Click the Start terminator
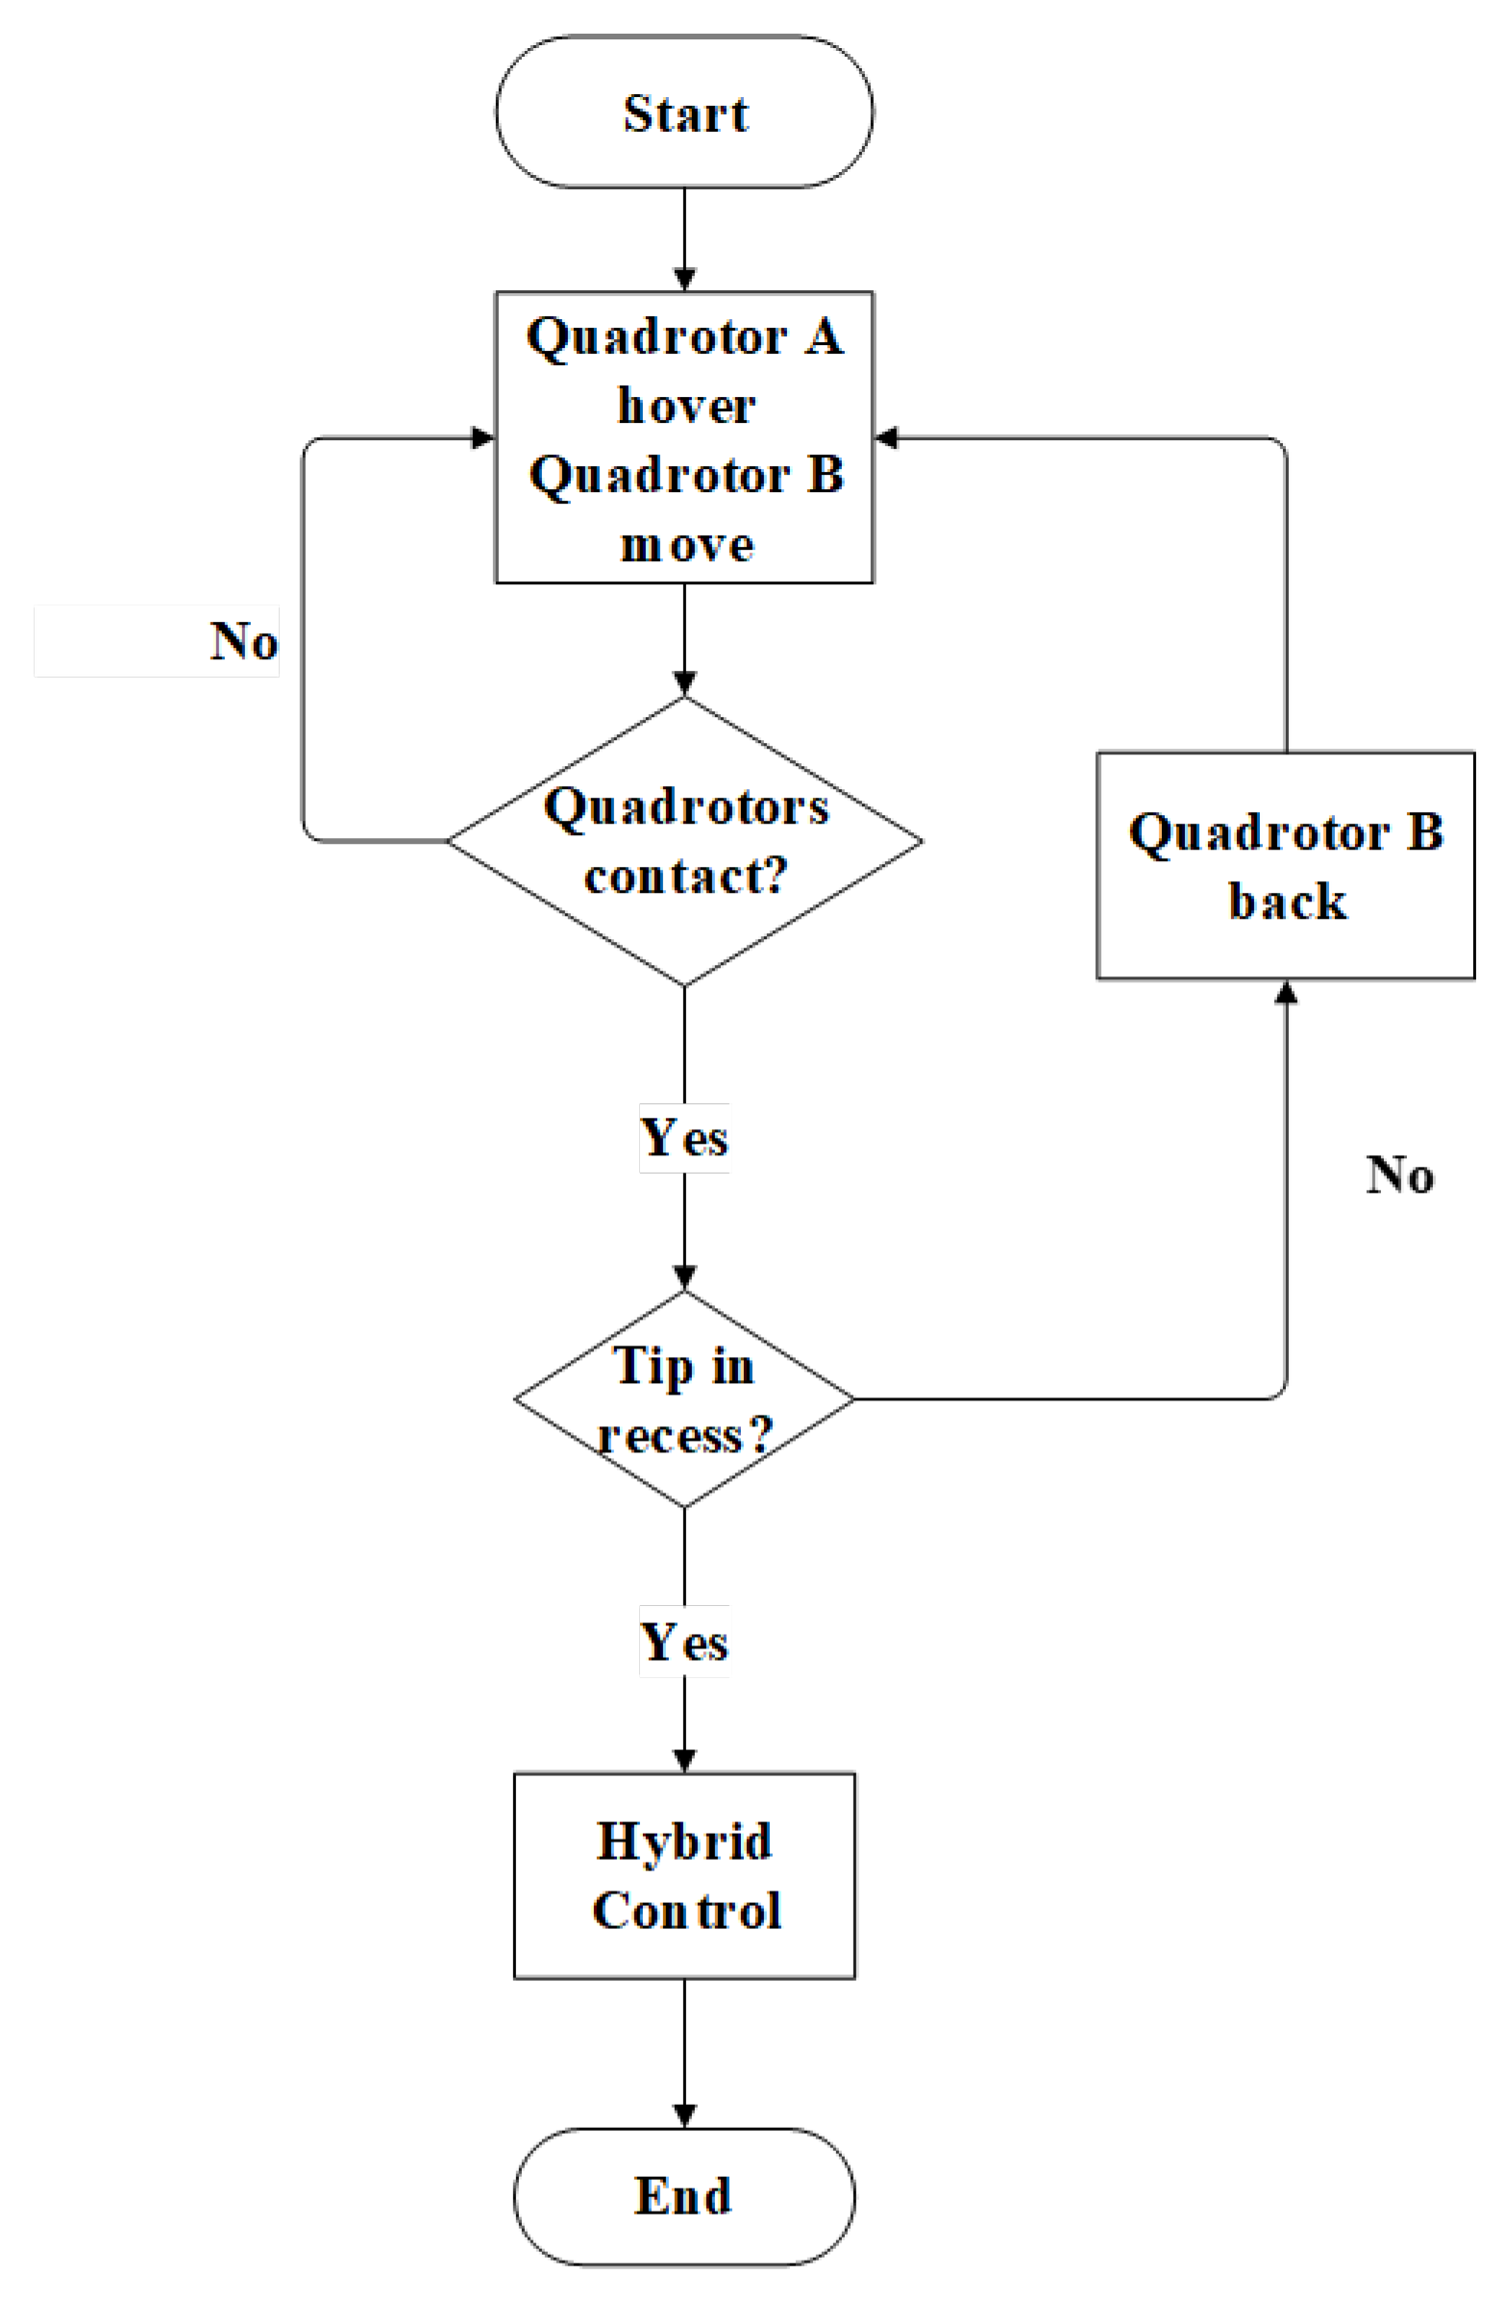[x=684, y=112]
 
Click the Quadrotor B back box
[x=1285, y=866]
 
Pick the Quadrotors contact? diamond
[x=684, y=840]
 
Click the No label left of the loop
[x=243, y=641]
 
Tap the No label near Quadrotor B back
[x=1398, y=1174]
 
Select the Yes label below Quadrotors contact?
[x=684, y=1137]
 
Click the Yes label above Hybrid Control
[x=684, y=1643]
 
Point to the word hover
[x=686, y=406]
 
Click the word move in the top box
[x=686, y=546]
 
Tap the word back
[x=1287, y=901]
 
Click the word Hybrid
[x=684, y=1841]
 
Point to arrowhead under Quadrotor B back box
[x=1285, y=992]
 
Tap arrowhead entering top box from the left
[x=482, y=437]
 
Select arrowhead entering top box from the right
[x=887, y=437]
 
